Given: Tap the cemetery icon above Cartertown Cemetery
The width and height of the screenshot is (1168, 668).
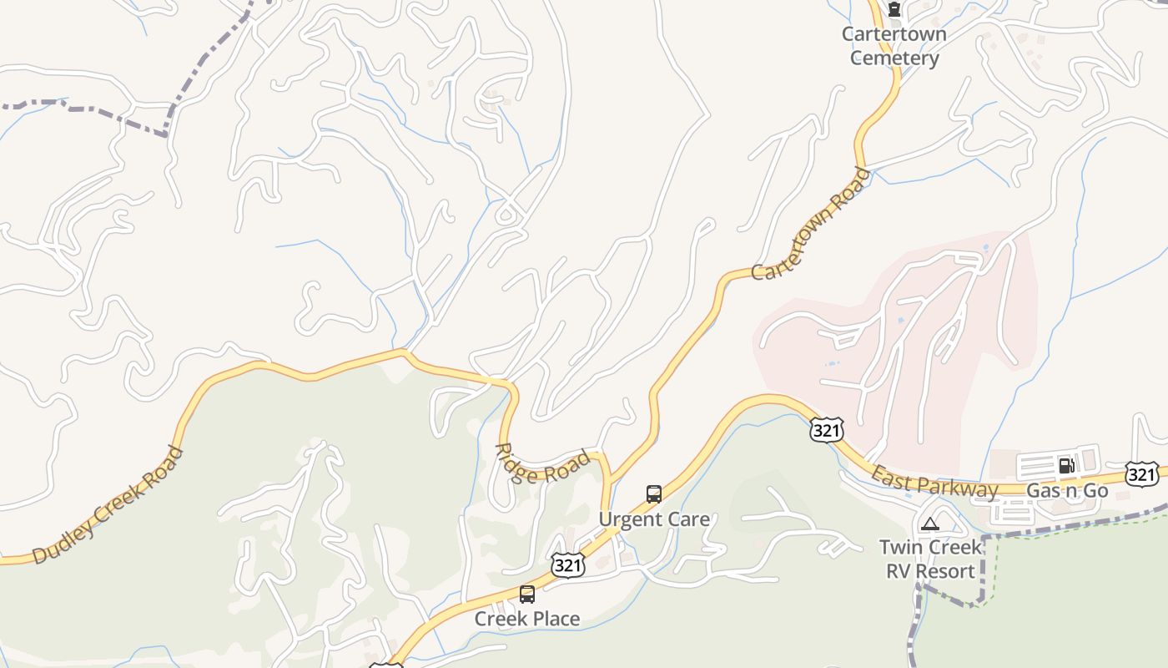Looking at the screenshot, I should [894, 11].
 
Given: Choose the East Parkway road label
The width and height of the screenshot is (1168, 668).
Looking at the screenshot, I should [934, 483].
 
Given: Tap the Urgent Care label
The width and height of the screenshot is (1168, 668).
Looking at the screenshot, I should [654, 519].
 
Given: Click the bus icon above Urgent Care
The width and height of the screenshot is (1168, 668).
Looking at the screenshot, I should [654, 494].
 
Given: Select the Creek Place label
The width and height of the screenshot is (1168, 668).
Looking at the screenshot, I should [526, 619].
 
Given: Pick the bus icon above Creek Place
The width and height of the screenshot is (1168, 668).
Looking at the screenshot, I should [526, 595].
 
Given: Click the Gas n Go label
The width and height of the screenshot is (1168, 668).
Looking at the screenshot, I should [1067, 491].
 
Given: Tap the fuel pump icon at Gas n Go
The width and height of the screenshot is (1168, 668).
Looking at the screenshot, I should [1066, 466].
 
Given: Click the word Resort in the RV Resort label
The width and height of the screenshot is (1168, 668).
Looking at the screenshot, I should [944, 572].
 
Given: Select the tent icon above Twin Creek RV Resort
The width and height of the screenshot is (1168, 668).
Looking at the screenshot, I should [930, 524].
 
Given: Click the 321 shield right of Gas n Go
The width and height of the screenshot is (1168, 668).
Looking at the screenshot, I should [1141, 474].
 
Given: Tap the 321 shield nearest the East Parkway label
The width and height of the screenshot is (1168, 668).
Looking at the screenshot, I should [826, 430].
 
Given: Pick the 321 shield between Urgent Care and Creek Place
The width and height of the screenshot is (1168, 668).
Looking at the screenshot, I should [567, 565].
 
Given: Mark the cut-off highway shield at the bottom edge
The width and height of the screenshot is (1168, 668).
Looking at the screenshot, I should [385, 665].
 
